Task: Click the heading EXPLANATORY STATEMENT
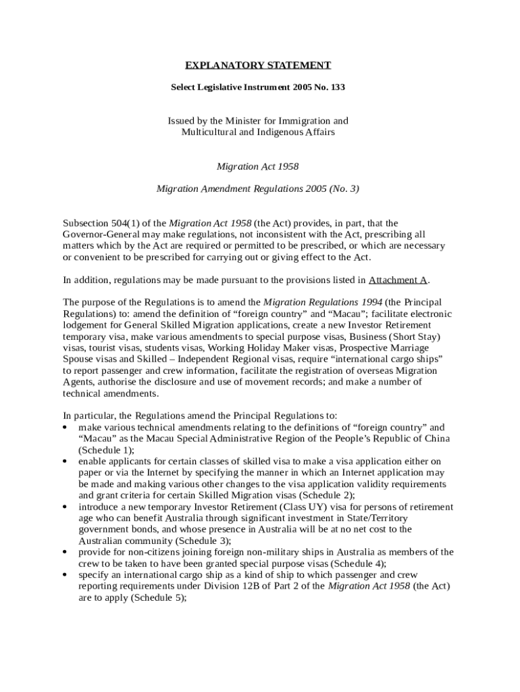coord(258,66)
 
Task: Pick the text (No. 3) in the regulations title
coord(344,189)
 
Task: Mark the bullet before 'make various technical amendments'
coord(64,427)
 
